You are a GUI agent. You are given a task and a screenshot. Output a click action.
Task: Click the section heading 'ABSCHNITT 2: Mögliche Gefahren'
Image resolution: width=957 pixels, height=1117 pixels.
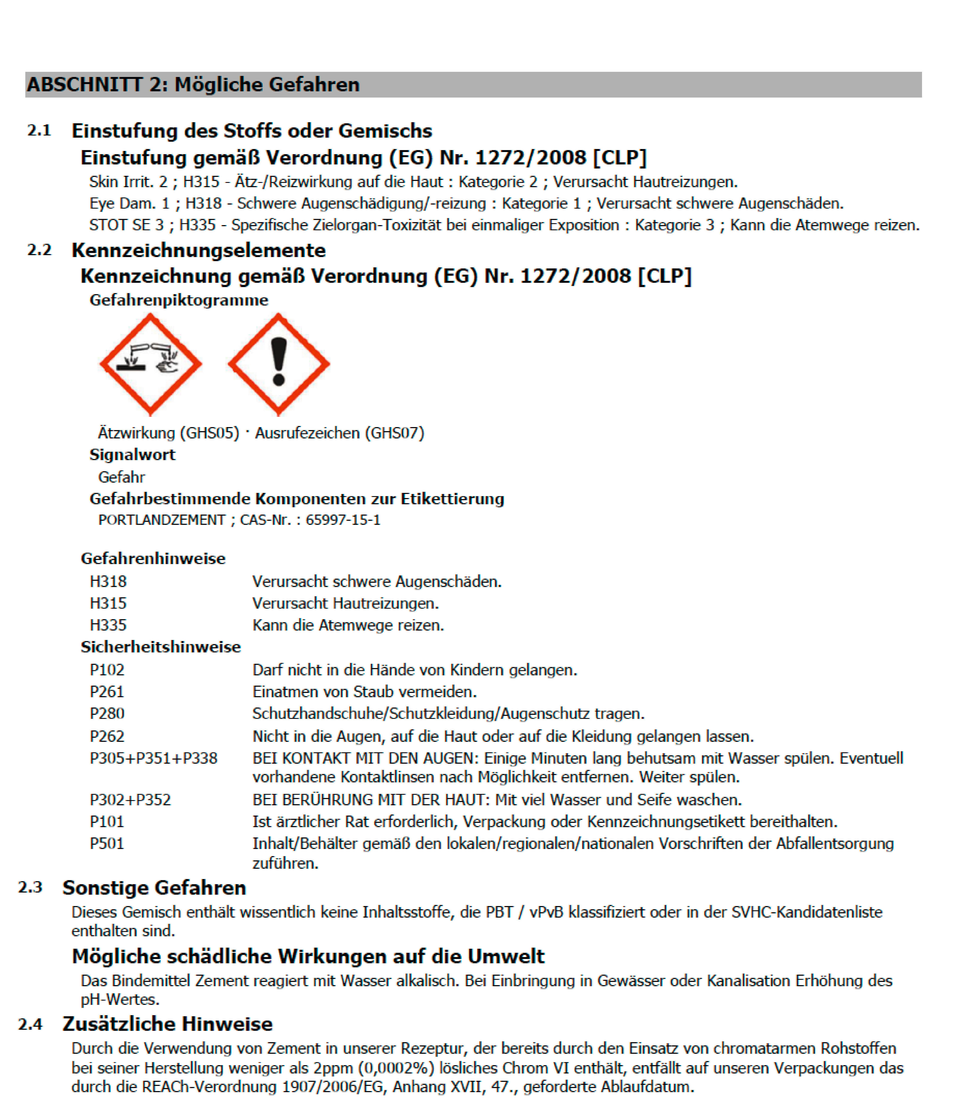(x=193, y=85)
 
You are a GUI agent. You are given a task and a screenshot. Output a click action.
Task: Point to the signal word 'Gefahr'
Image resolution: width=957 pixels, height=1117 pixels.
(x=121, y=477)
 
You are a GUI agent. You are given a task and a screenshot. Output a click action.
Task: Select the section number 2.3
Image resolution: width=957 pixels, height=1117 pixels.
(x=30, y=887)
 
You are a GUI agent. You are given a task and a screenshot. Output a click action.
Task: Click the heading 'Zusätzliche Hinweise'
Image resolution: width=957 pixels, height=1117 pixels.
(x=167, y=1024)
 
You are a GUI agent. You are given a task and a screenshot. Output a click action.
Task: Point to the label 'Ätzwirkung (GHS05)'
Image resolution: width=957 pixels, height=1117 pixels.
(x=168, y=433)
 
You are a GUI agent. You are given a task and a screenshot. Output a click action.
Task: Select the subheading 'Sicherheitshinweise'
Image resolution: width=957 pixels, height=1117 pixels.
(x=161, y=647)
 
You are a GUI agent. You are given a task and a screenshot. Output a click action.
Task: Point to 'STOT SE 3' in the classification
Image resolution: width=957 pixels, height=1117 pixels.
(x=126, y=225)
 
